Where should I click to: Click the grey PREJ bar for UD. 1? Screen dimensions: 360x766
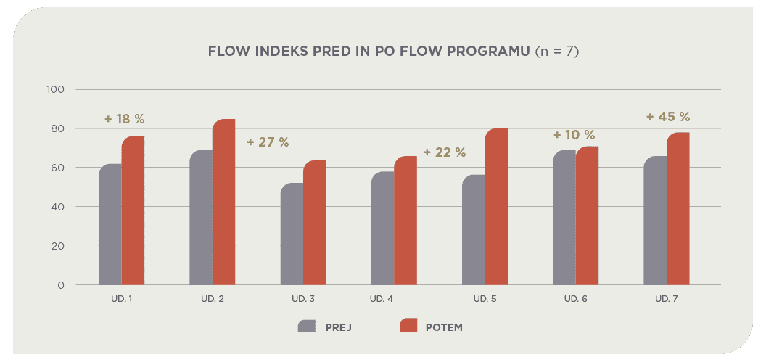tap(110, 224)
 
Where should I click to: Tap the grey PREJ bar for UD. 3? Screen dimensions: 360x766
tap(292, 234)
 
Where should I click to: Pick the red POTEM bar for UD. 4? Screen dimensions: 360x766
tap(405, 221)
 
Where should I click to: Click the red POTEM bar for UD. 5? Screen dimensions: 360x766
tap(496, 207)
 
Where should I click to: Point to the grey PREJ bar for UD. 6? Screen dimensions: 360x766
tap(564, 218)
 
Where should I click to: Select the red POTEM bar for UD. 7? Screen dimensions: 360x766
tap(678, 208)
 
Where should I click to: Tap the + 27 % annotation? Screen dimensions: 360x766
tap(268, 142)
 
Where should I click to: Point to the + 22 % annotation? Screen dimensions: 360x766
tap(444, 152)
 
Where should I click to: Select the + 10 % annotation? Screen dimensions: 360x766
tap(574, 135)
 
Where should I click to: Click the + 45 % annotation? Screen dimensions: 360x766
tap(668, 116)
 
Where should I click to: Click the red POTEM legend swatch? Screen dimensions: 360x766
tap(409, 326)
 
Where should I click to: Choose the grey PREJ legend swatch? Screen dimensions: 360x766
tap(307, 326)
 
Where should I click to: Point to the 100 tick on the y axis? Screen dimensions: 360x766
tap(56, 90)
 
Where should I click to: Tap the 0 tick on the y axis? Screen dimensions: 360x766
tap(61, 285)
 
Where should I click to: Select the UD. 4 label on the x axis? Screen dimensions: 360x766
tap(382, 299)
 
